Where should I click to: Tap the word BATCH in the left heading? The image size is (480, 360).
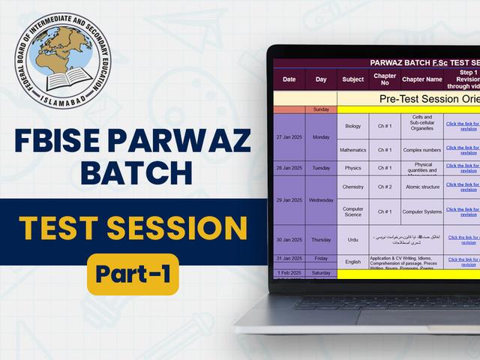pos(134,173)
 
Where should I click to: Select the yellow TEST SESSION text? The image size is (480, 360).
pos(133,227)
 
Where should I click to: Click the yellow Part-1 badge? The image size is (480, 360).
pos(133,274)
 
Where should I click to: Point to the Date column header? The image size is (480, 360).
pos(289,79)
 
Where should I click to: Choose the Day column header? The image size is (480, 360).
pos(321,79)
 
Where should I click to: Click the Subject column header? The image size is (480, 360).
pos(352,79)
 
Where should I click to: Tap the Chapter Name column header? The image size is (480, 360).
pos(422,79)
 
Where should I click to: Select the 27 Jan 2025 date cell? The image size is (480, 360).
pos(289,138)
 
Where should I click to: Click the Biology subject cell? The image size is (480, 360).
pos(352,126)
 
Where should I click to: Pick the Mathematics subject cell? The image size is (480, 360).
pos(352,150)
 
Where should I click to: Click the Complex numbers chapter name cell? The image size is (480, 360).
pos(422,150)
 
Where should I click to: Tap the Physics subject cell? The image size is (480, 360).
pos(352,168)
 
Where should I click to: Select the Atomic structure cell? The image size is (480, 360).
pos(422,187)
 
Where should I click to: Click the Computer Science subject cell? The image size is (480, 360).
pos(352,211)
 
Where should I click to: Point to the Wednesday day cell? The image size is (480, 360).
pos(321,200)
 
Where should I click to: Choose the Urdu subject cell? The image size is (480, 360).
pos(352,239)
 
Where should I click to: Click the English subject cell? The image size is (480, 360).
pos(352,262)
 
